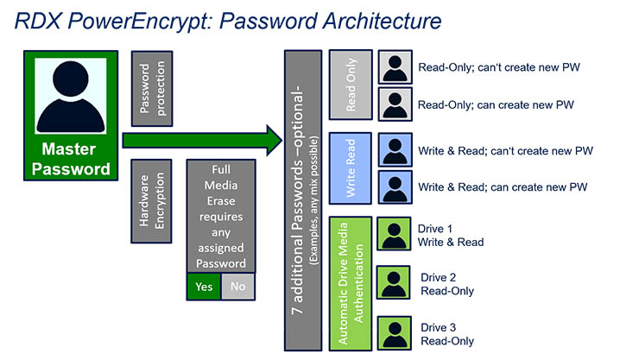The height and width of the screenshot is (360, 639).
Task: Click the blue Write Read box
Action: tap(350, 168)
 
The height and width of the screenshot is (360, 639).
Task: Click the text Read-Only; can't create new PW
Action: tap(503, 66)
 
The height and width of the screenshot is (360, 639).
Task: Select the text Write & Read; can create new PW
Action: tap(502, 187)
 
